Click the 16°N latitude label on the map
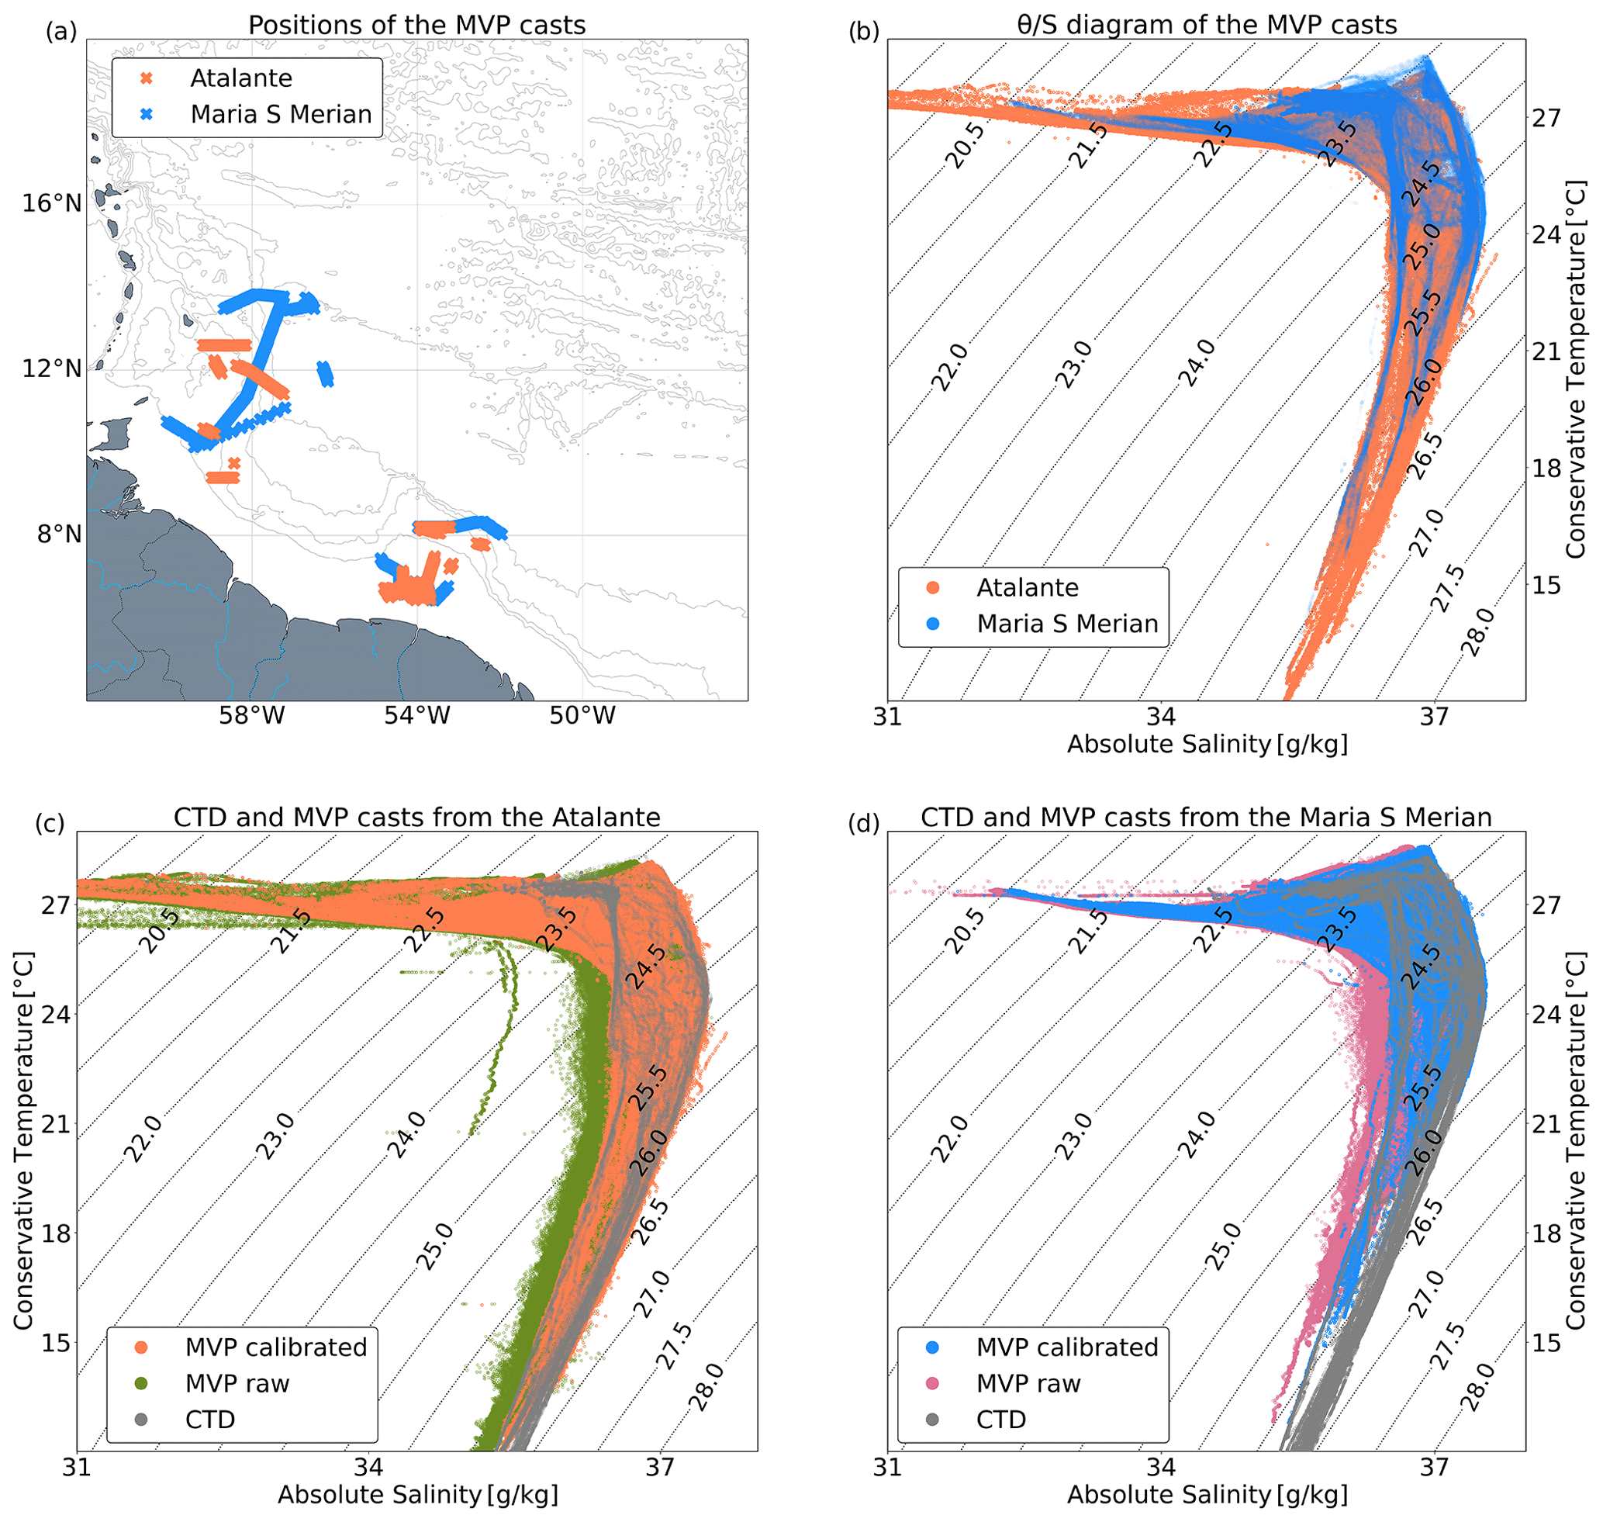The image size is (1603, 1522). (52, 202)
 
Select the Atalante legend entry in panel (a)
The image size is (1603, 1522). (241, 78)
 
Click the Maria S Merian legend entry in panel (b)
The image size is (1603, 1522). (1067, 623)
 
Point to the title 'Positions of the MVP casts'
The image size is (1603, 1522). (417, 25)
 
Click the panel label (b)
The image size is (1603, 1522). (863, 32)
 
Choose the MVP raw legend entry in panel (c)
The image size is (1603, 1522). (237, 1383)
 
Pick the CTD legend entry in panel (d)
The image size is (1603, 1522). (1001, 1419)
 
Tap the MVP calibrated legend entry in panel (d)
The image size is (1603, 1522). (1067, 1347)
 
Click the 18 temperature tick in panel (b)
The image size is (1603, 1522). (1546, 468)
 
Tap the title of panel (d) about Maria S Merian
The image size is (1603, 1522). (1206, 817)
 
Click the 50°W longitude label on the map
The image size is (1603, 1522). (582, 716)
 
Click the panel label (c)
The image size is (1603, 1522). (50, 824)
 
